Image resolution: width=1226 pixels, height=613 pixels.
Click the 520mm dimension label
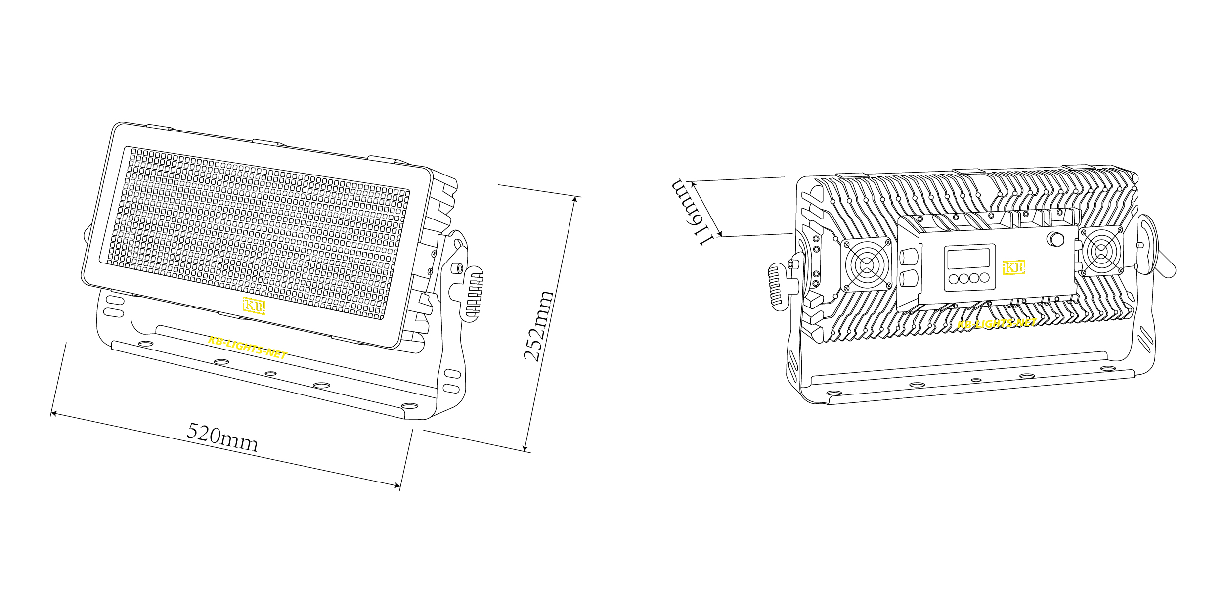[x=222, y=437]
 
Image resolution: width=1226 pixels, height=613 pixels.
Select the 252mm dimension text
[x=539, y=326]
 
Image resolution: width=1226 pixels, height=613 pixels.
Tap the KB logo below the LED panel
[x=254, y=306]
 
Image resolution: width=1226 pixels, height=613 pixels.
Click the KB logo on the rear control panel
[x=1014, y=267]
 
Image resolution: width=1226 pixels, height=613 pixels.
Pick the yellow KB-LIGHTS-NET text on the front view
[x=248, y=347]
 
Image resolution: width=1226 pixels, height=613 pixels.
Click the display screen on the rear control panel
[x=968, y=259]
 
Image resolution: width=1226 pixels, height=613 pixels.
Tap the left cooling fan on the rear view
[x=867, y=265]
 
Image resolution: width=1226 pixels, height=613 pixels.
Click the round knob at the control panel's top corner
[x=1055, y=240]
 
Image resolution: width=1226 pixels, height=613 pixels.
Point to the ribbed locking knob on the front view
[x=472, y=294]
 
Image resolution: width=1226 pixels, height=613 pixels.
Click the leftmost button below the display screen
[x=954, y=279]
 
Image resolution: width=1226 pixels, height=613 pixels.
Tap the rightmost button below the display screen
[x=984, y=278]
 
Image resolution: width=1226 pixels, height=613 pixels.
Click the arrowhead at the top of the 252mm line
[x=575, y=199]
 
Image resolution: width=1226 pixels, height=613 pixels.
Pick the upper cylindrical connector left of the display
[x=909, y=257]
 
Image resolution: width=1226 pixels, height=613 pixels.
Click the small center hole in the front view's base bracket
[x=270, y=373]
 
